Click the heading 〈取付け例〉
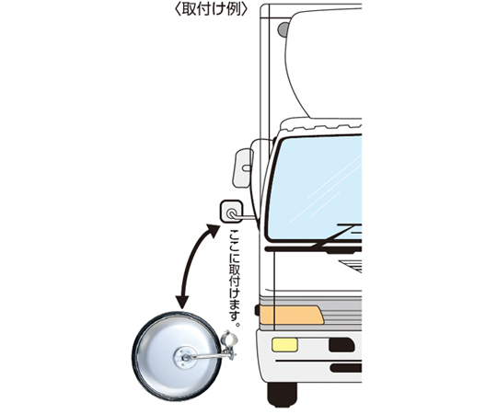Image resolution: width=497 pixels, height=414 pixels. (211, 9)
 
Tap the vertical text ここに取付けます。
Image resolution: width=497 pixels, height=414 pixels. (235, 279)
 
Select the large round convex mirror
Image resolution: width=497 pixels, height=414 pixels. (176, 356)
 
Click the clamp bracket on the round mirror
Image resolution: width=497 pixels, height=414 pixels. (229, 345)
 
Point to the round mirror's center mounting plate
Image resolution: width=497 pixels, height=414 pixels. (185, 357)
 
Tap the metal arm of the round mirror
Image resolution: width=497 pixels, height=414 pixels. (208, 357)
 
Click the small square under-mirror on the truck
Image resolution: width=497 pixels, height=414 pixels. (231, 212)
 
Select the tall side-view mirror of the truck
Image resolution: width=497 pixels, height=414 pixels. (243, 167)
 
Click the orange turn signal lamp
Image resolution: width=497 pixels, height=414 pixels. (292, 315)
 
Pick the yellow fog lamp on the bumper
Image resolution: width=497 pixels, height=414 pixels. (284, 345)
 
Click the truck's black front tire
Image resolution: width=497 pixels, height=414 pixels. (283, 395)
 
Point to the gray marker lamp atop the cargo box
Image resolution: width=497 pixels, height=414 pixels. (283, 29)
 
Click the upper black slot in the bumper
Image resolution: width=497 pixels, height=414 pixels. (341, 345)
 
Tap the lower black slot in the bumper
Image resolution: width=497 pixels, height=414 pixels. (346, 368)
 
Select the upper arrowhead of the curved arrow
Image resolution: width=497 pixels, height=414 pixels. (213, 231)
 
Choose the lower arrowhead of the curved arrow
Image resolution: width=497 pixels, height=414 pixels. (182, 302)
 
